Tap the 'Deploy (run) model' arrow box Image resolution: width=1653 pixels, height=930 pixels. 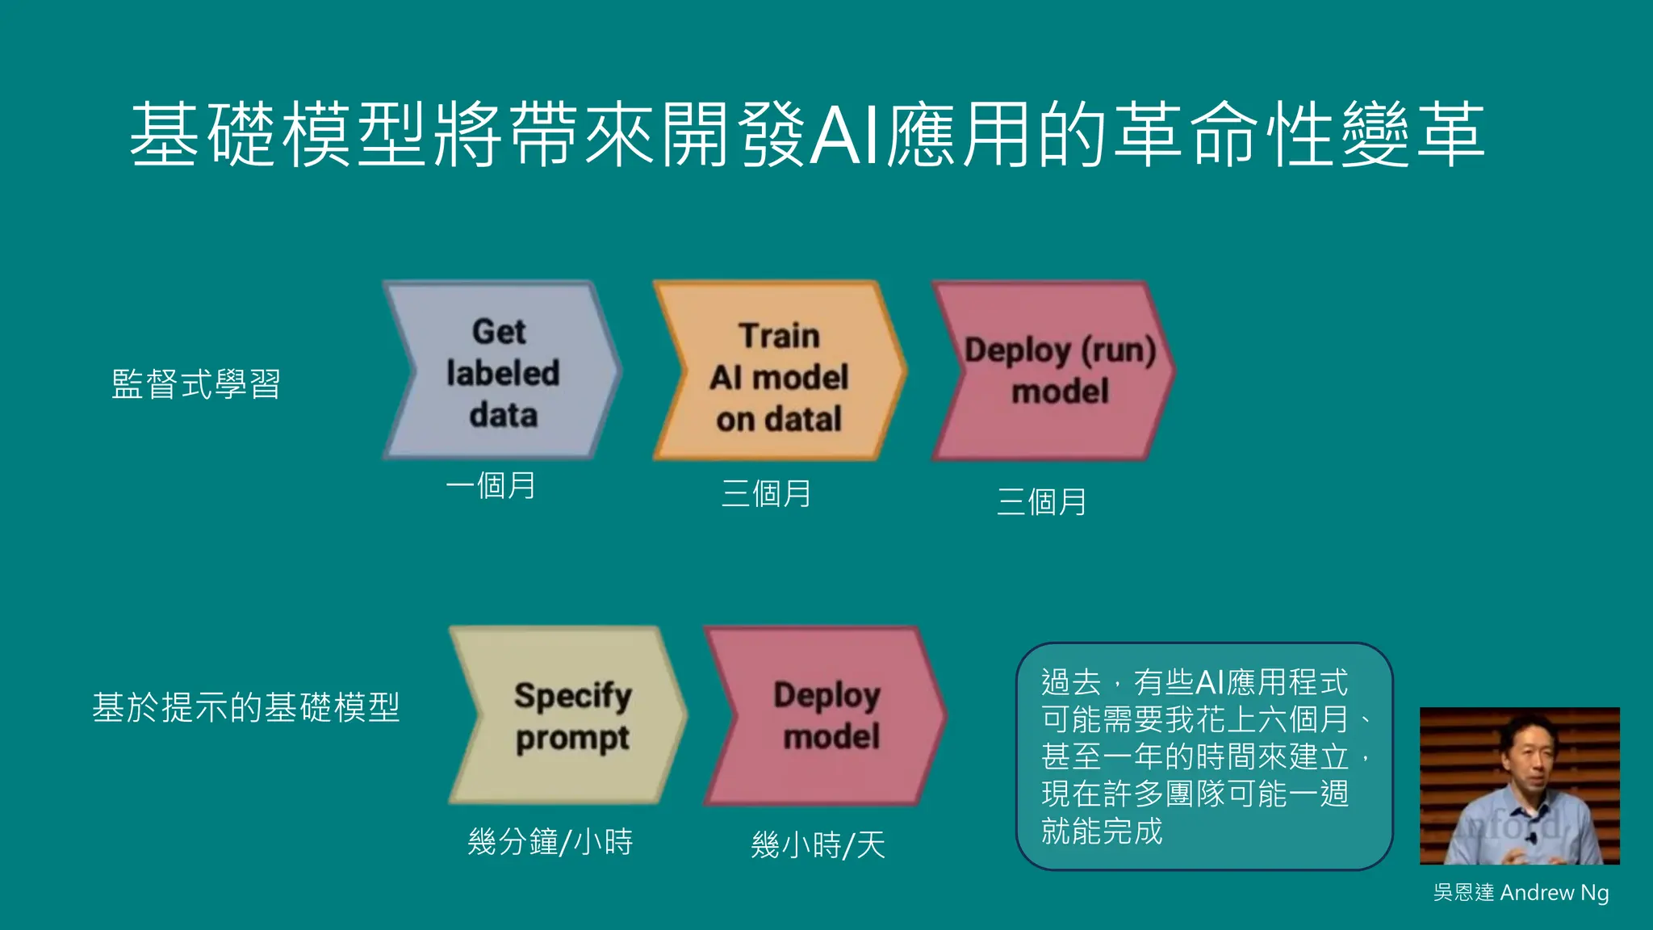click(x=1053, y=371)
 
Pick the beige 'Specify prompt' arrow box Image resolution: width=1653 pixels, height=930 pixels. click(x=568, y=716)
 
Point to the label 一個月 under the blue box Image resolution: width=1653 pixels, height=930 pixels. click(x=491, y=486)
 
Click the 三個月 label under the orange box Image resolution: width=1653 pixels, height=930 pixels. click(x=766, y=494)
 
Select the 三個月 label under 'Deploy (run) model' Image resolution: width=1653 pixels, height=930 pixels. click(x=1041, y=502)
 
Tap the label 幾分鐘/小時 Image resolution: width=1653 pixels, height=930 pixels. click(x=550, y=842)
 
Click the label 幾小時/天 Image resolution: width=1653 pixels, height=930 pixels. click(x=818, y=845)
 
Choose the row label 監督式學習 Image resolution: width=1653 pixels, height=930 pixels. click(x=196, y=384)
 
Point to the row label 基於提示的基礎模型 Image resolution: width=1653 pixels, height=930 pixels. click(x=246, y=707)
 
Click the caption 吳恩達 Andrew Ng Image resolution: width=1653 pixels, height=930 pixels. click(x=1521, y=892)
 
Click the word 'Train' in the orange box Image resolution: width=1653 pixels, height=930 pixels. click(x=779, y=336)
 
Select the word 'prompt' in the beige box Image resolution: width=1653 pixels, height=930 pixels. click(x=572, y=738)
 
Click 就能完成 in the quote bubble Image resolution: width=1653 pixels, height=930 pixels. click(x=1102, y=831)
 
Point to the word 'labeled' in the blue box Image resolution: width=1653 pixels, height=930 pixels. click(x=503, y=373)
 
